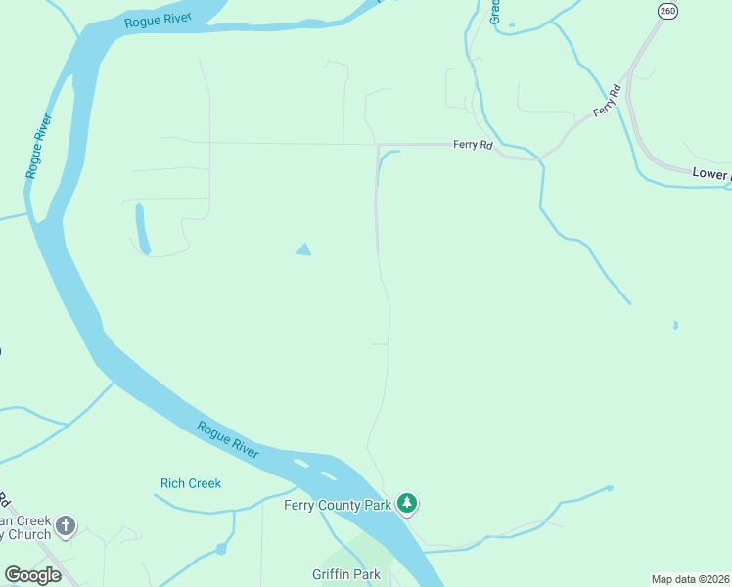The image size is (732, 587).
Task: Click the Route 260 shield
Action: click(x=667, y=11)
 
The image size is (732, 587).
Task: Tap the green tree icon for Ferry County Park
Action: click(x=407, y=504)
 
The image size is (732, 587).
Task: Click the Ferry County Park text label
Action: click(x=338, y=505)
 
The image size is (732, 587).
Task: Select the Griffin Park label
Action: click(x=346, y=574)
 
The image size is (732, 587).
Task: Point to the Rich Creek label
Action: click(x=191, y=483)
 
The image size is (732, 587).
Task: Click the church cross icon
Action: click(x=66, y=527)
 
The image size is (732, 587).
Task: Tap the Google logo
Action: click(x=32, y=574)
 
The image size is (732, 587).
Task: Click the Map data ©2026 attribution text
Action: click(x=691, y=579)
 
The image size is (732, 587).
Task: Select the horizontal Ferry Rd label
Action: click(x=472, y=145)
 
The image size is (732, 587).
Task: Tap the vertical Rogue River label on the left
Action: click(x=39, y=146)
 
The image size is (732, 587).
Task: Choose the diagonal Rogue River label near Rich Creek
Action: click(x=228, y=439)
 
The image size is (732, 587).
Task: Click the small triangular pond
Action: click(x=303, y=249)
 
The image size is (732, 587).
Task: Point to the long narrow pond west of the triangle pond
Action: click(x=141, y=229)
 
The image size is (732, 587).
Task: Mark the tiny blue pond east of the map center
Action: click(x=675, y=325)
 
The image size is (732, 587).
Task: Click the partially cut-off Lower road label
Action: click(x=710, y=174)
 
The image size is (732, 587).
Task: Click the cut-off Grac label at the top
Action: click(x=495, y=11)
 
